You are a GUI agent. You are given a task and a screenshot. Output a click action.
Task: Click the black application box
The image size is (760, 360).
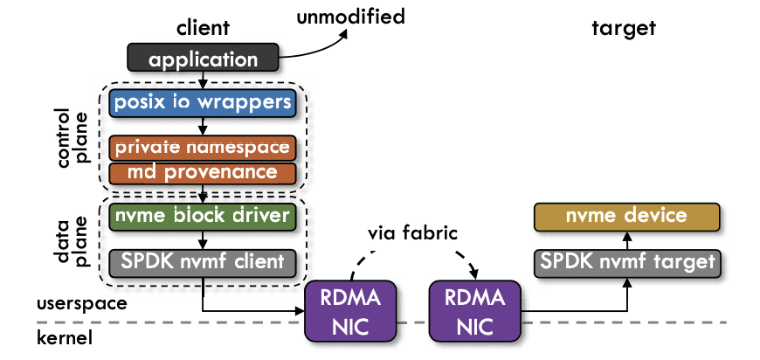tap(203, 59)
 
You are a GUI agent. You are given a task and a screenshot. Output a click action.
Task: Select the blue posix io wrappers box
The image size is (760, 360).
tap(202, 103)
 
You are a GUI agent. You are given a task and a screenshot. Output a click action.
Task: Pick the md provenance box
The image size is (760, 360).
tap(204, 171)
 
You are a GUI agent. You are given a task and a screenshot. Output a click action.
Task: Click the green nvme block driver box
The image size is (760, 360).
tap(202, 215)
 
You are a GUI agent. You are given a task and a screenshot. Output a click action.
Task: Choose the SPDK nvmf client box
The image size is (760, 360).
tap(204, 260)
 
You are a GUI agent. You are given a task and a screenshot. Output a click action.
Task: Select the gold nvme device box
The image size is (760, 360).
tap(626, 215)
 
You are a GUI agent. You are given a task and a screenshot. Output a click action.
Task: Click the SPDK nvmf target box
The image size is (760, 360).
tap(626, 260)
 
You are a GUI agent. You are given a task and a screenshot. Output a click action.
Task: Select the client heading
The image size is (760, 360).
tap(203, 27)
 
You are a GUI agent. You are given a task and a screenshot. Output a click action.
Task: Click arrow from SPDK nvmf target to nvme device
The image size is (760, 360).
tap(627, 239)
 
